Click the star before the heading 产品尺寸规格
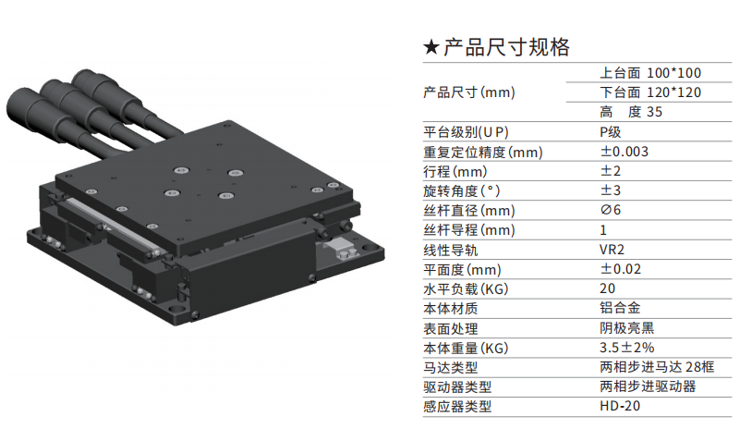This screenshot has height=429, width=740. pos(431,47)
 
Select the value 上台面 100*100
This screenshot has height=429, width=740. pos(650,73)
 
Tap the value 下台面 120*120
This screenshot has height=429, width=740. pos(650,92)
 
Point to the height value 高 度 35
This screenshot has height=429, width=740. pos(631,112)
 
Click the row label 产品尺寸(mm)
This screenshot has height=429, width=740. pos(469,92)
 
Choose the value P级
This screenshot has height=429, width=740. pos(611,132)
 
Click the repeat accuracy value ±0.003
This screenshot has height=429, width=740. pos(624,152)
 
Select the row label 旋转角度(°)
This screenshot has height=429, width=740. pos(462,190)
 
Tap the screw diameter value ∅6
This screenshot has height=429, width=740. pos(611,210)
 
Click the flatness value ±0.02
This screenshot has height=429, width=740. pos(621,269)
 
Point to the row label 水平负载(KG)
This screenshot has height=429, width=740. pos(466,288)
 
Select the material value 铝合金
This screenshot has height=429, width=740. pos(620,308)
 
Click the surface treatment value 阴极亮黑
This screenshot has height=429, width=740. pos(626,328)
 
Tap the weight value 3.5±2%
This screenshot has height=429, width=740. pos(626,348)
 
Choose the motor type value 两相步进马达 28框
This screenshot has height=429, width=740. pos(657,367)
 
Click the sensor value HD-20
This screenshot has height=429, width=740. pos(620,406)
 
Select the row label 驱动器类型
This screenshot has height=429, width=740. pos(457,387)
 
